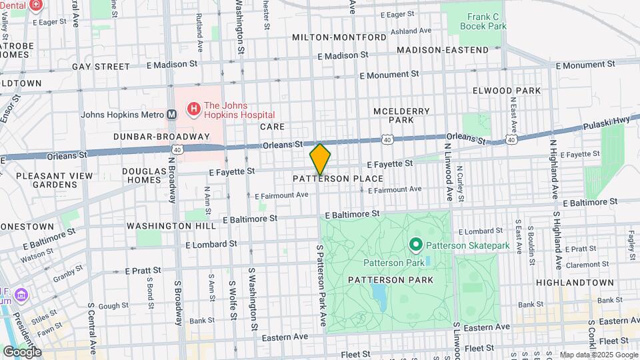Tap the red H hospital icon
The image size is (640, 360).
193,108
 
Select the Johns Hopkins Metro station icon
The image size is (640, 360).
171,114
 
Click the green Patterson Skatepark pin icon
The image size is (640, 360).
417,245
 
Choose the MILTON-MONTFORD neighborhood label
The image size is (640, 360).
339,37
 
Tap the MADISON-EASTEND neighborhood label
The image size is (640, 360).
443,50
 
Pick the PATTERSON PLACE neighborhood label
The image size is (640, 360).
338,179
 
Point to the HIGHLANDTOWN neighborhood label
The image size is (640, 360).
575,283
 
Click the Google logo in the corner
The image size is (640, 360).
21,351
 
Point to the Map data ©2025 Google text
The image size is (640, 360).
597,355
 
